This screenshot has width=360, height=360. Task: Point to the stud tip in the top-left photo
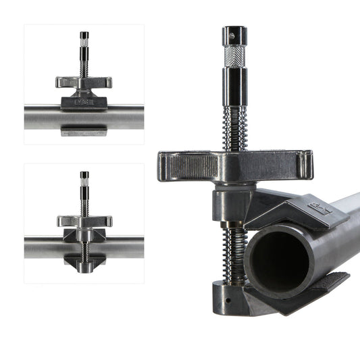84,36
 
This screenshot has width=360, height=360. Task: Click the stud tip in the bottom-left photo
84,176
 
